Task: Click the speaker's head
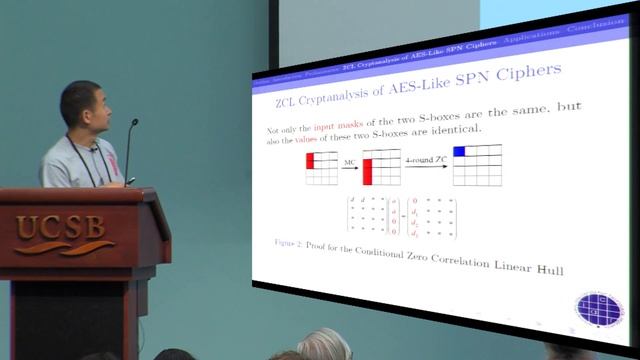click(x=81, y=107)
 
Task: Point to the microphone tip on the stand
click(x=134, y=123)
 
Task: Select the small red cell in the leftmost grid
click(x=311, y=159)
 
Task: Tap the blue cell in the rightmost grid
click(x=461, y=152)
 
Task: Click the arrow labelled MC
click(x=350, y=166)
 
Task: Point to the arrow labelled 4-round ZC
click(x=425, y=166)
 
